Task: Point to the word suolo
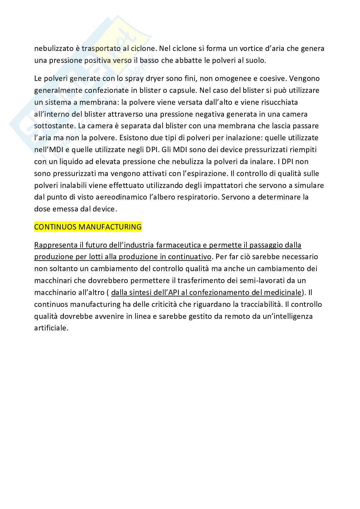(x=256, y=61)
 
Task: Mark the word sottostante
(x=52, y=126)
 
